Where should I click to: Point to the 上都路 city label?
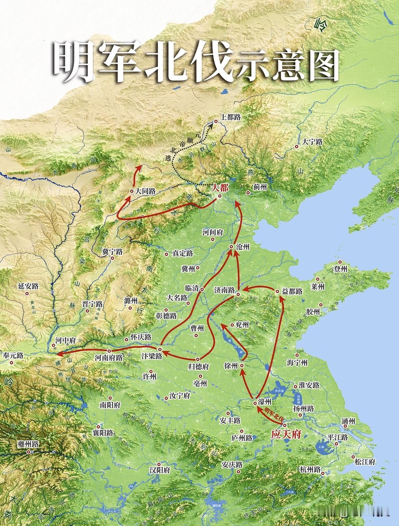(x=231, y=117)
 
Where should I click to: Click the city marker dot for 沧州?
(x=231, y=246)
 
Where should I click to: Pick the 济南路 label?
(x=224, y=290)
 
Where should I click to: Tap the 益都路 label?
(x=292, y=291)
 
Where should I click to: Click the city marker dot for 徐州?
(x=241, y=365)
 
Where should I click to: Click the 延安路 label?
(x=28, y=286)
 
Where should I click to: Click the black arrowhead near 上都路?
(x=211, y=126)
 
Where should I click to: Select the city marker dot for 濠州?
(x=255, y=403)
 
